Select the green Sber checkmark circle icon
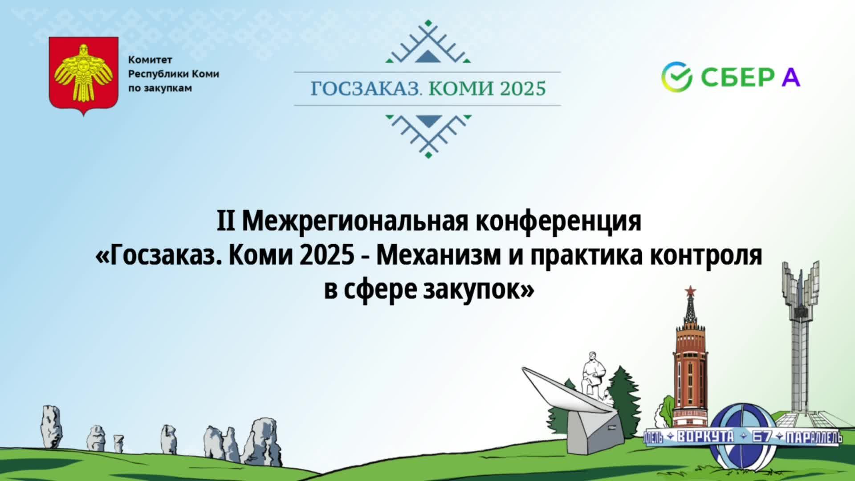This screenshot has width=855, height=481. pos(676,77)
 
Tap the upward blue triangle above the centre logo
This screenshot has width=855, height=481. pos(427,56)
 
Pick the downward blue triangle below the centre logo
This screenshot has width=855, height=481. pos(427,121)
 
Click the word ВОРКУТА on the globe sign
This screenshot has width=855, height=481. pos(704,437)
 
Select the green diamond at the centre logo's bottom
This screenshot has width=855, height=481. pos(428,155)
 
